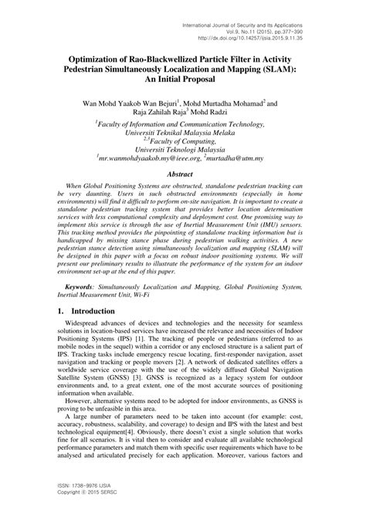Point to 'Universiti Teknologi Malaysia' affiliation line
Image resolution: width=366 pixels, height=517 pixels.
180,144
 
